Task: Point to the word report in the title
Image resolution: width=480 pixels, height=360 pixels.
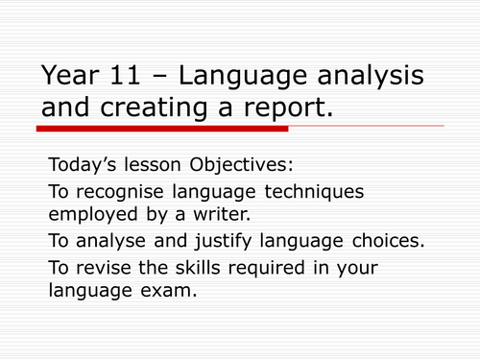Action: (x=287, y=110)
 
